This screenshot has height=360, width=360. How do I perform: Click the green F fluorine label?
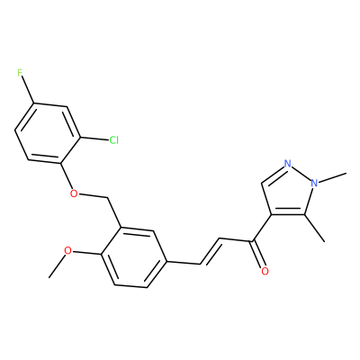(x=20, y=73)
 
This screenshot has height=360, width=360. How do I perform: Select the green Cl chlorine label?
(x=114, y=139)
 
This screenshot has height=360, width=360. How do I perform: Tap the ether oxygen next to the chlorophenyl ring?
(x=73, y=193)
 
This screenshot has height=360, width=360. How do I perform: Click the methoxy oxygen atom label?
(x=68, y=250)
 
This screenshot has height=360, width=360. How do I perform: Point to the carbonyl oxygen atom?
(x=265, y=271)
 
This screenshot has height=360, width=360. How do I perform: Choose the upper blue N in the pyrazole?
(x=288, y=164)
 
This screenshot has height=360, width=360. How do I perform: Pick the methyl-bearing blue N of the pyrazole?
(x=314, y=183)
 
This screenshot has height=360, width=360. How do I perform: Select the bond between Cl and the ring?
(x=94, y=139)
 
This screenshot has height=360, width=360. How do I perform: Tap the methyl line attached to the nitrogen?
(x=332, y=177)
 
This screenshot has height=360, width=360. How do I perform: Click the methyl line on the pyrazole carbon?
(x=315, y=228)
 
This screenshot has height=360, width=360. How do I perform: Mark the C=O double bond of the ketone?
(x=257, y=254)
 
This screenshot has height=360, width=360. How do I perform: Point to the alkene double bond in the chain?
(x=211, y=251)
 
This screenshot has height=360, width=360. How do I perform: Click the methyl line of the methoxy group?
(x=57, y=265)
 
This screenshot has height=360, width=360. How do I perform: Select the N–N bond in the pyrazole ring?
(x=301, y=174)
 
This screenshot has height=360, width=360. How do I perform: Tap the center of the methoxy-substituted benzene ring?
(x=133, y=256)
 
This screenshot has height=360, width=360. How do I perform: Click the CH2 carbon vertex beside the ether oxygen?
(x=107, y=198)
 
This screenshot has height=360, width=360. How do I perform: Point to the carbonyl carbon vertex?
(x=253, y=241)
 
